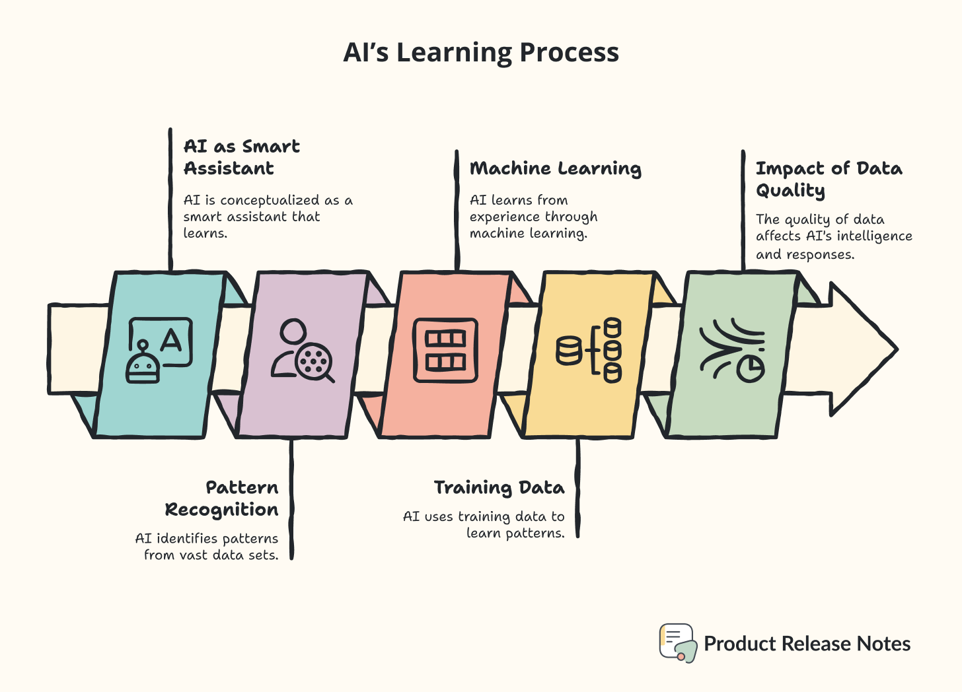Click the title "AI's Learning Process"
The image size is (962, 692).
pos(481,53)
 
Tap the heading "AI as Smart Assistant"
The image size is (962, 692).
pos(241,157)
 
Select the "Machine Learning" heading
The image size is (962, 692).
pos(555,168)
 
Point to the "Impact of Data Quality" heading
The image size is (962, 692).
pos(829,179)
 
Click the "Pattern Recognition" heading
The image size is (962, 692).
pos(222,499)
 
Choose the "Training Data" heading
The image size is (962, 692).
pos(499,488)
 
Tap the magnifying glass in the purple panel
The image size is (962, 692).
pos(315,363)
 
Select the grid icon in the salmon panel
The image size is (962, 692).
pos(445,350)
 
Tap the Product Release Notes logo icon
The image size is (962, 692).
pos(677,642)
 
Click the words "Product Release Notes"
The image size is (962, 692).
pos(807,644)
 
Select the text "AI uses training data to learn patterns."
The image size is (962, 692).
pos(484,524)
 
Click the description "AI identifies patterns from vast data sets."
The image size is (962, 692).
pos(207,547)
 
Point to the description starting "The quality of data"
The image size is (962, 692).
pos(834,236)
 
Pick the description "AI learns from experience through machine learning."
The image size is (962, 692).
pos(533,217)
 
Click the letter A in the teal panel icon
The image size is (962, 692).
pos(171,341)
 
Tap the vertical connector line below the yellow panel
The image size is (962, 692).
pos(578,489)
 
